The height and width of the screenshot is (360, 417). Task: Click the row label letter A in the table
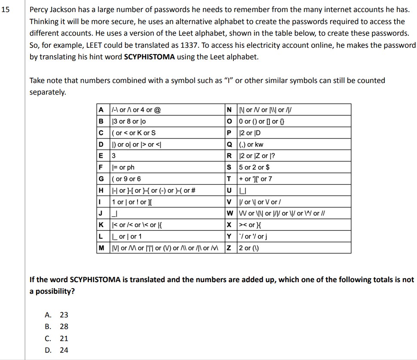(x=102, y=110)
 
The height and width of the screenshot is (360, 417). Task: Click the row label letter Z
(x=229, y=248)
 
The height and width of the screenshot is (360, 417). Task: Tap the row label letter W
(x=229, y=213)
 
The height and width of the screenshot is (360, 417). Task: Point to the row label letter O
(x=229, y=121)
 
